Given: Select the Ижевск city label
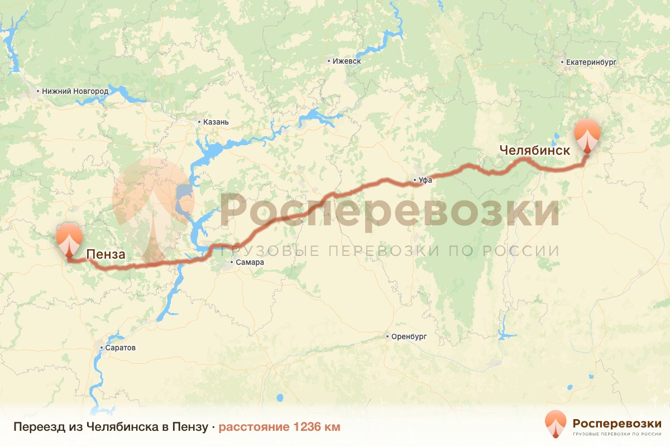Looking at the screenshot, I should click(x=347, y=61).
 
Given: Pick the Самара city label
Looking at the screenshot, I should click(x=250, y=263).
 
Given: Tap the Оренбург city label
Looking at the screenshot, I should click(x=409, y=337).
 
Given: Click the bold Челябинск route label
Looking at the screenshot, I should click(x=535, y=150).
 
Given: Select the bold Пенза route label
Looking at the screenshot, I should click(x=106, y=255).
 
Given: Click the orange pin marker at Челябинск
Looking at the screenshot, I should click(x=587, y=135).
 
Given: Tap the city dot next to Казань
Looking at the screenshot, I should click(x=199, y=122).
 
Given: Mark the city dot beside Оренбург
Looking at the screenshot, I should click(x=387, y=337).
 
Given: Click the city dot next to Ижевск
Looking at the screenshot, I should click(x=329, y=61).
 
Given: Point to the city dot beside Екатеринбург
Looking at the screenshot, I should click(x=563, y=62).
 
